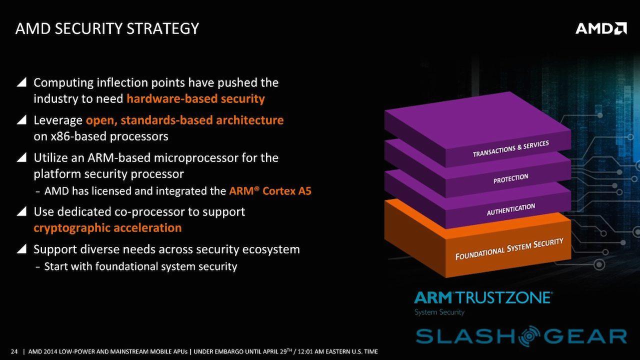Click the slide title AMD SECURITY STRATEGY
point(107,28)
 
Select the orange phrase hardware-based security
point(195,98)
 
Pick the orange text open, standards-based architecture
point(184,120)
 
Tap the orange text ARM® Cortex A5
point(270,191)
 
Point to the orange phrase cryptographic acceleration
point(107,227)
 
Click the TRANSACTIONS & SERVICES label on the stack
point(510,149)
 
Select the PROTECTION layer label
point(510,178)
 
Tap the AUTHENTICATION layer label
point(510,209)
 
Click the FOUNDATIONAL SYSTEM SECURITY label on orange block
point(509,249)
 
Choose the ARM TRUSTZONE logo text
point(483,298)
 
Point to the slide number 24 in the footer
point(14,351)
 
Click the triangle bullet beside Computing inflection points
point(21,82)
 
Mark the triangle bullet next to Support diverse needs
point(21,249)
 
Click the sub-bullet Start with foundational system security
point(140,266)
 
